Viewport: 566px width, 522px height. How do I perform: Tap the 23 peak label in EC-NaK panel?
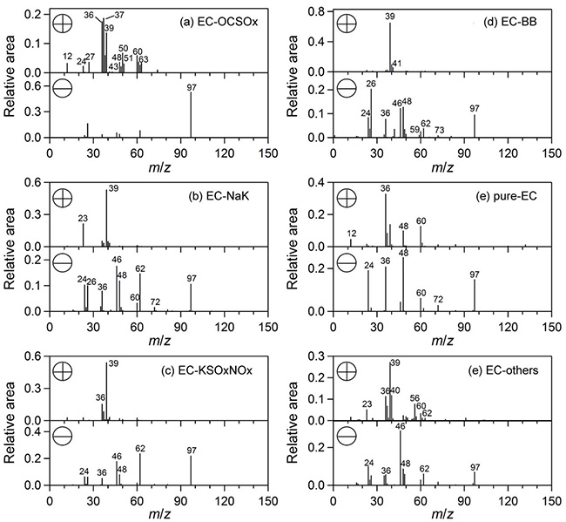tap(84, 219)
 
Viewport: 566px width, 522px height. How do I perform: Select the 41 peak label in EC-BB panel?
tap(396, 64)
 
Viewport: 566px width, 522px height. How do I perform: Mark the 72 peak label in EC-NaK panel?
tap(155, 302)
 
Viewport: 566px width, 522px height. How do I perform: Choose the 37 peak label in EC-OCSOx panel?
tap(119, 15)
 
